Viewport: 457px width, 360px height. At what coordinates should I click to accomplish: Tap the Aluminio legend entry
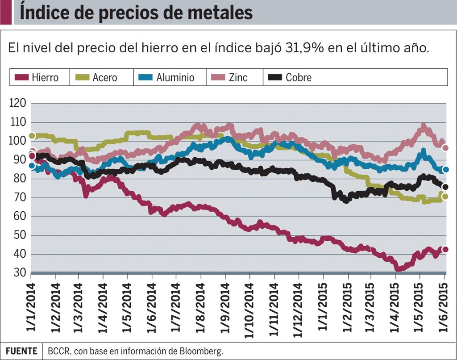(170, 77)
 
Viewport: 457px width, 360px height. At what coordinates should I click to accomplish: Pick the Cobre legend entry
(293, 77)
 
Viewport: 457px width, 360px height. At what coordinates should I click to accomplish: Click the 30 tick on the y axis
(18, 272)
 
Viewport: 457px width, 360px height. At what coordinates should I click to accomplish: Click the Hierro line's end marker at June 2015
(445, 250)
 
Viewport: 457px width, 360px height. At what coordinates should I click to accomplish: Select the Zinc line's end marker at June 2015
(445, 148)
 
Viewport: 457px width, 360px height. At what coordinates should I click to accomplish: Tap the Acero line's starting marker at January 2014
(32, 136)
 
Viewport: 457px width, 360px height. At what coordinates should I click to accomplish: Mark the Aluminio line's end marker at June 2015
(445, 170)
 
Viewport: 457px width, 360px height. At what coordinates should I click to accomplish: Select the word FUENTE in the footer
(21, 351)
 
